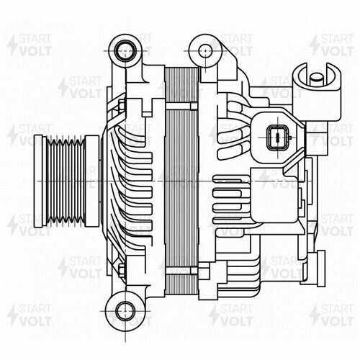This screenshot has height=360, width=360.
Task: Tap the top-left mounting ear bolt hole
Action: point(126,50)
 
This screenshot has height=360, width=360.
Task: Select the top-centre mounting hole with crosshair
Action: point(205,50)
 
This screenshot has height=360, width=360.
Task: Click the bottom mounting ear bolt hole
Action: point(123,307)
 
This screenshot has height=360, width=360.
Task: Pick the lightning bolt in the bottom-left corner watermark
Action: point(12,317)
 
